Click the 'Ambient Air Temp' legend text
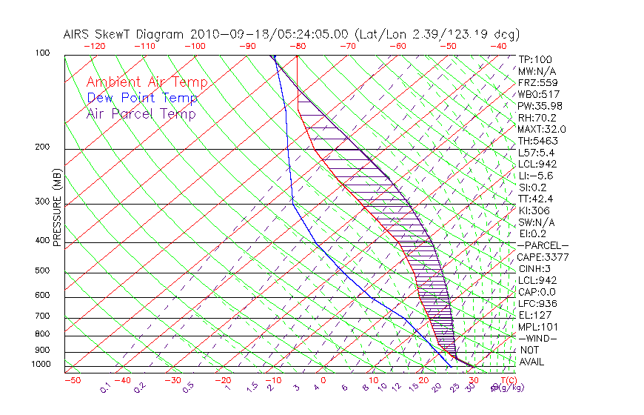pyautogui.click(x=147, y=82)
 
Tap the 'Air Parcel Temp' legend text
pyautogui.click(x=141, y=113)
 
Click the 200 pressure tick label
pyautogui.click(x=43, y=147)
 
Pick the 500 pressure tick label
pyautogui.click(x=43, y=270)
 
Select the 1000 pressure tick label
pyautogui.click(x=41, y=364)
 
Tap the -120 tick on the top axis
pyautogui.click(x=93, y=45)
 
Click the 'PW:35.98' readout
pyautogui.click(x=539, y=106)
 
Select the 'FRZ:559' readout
pyautogui.click(x=536, y=83)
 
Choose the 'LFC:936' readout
pyautogui.click(x=536, y=303)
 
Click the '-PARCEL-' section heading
pyautogui.click(x=542, y=245)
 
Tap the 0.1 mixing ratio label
pyautogui.click(x=106, y=388)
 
